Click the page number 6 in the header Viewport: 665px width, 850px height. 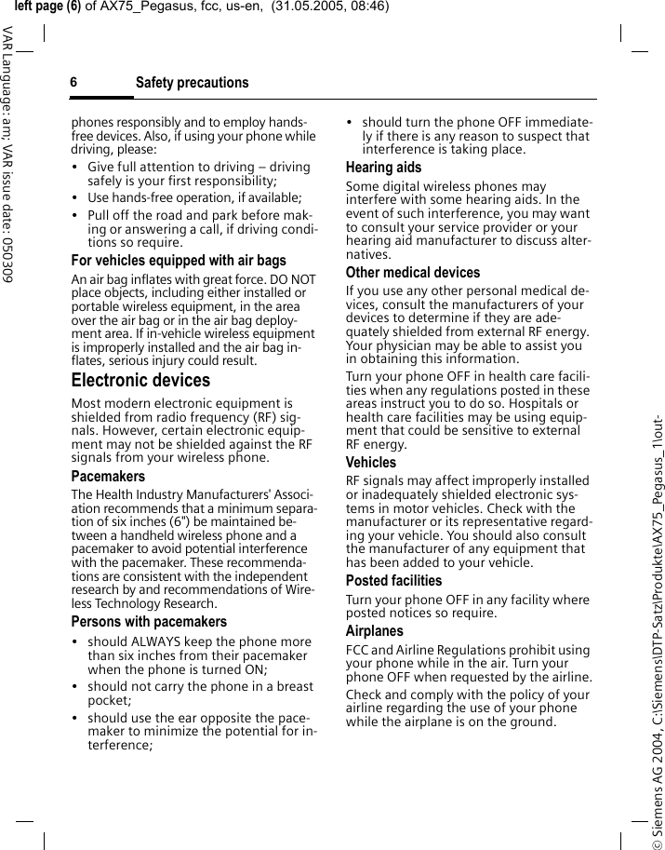point(73,83)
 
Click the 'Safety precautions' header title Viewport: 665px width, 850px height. point(193,83)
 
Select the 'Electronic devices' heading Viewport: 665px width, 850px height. point(140,381)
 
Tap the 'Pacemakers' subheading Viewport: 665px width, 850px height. point(108,477)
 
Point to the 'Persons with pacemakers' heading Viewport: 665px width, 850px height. point(149,622)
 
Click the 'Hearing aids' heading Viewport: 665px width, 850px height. point(383,168)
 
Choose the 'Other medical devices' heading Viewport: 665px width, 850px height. point(413,273)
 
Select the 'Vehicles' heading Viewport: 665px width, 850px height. point(371,463)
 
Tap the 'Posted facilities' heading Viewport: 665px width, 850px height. point(394,581)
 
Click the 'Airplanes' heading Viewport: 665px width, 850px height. point(375,631)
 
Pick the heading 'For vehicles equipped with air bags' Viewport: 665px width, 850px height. point(179,261)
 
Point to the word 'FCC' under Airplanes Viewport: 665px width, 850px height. point(357,650)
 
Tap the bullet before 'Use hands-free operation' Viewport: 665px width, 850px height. point(75,198)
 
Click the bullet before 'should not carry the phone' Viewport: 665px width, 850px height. point(75,687)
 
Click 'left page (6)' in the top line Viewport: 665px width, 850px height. point(42,7)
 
